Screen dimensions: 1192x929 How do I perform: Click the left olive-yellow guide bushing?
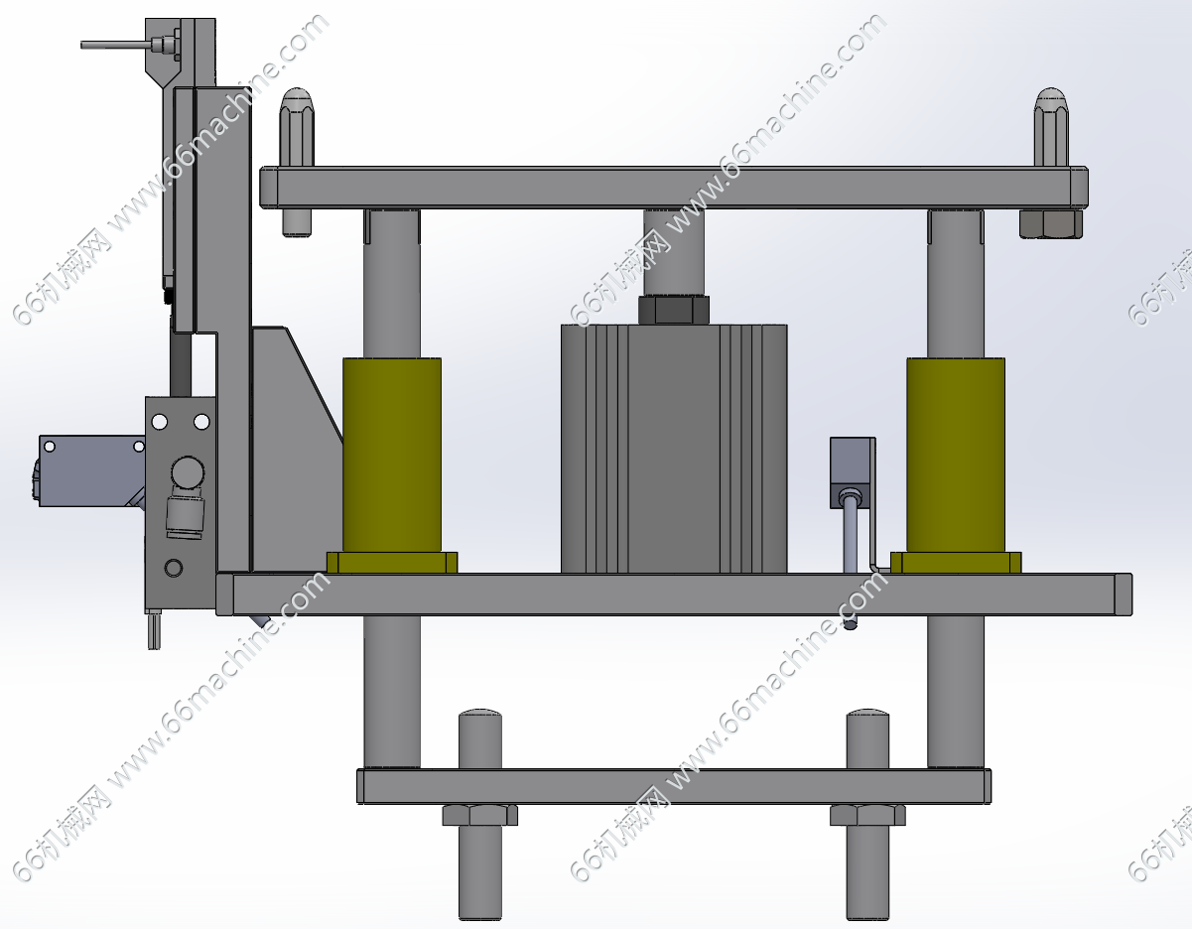point(392,456)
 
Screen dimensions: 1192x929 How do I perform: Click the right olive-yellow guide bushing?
point(956,456)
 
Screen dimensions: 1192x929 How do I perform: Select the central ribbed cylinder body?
point(674,449)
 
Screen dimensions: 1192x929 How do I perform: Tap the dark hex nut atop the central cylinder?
point(674,310)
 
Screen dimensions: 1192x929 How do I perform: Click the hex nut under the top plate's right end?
point(1051,223)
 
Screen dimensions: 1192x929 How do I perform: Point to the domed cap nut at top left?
point(297,127)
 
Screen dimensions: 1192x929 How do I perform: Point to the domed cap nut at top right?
point(1051,127)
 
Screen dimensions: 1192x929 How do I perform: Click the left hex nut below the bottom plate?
point(480,815)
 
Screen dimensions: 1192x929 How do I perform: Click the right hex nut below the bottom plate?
point(867,815)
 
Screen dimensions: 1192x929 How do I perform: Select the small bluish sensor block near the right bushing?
point(853,472)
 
